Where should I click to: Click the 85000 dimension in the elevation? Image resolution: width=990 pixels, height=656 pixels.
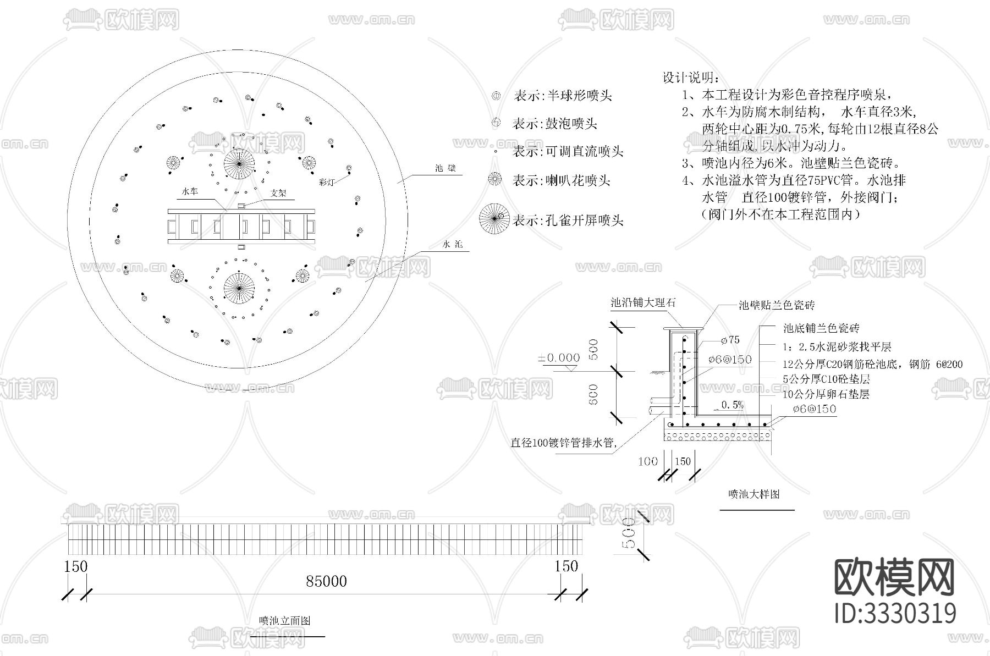(x=326, y=581)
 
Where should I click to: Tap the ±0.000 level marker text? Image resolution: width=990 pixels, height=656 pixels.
(x=559, y=358)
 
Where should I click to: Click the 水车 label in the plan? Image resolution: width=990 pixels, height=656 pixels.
(x=190, y=192)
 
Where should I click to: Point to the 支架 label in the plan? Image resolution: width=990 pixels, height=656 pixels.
(x=278, y=193)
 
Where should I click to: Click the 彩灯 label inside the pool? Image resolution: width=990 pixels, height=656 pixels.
(x=327, y=182)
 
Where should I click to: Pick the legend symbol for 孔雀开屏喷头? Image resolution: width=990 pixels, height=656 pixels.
(x=494, y=218)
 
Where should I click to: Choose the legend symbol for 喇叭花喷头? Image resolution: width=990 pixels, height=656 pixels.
(x=496, y=179)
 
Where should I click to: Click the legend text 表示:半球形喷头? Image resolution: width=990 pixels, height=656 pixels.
(x=562, y=96)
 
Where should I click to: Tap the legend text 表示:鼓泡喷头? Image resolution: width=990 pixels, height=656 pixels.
(x=554, y=124)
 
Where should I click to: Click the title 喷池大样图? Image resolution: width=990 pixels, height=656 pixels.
(x=754, y=494)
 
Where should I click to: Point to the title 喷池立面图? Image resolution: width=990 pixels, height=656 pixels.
(x=285, y=621)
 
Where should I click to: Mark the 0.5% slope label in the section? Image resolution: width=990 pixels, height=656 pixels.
(x=732, y=405)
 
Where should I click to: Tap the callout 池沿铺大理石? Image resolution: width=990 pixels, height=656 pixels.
(x=643, y=303)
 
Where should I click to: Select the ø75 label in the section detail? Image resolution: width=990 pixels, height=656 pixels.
(x=730, y=340)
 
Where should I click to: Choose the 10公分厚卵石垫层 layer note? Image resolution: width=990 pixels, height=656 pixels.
(x=826, y=394)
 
